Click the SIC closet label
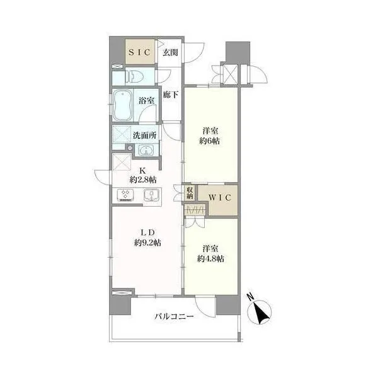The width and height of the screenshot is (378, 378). [x=140, y=52]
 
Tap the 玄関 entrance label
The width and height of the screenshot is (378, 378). [x=170, y=52]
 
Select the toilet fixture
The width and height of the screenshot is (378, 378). [x=134, y=77]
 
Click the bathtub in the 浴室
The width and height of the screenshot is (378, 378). [x=123, y=105]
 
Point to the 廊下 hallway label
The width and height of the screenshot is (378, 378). [x=171, y=94]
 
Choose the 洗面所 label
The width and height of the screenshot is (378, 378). [x=145, y=135]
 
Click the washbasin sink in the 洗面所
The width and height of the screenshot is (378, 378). [x=146, y=151]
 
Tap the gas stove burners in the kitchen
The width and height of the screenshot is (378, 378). [x=125, y=195]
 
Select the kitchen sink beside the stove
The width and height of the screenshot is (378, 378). [x=152, y=195]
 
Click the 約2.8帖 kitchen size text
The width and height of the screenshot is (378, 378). [x=143, y=180]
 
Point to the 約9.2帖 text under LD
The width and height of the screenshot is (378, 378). [x=147, y=243]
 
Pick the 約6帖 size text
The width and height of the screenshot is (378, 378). [x=210, y=140]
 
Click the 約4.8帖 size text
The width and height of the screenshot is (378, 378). [x=210, y=259]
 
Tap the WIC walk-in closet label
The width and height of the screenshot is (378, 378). [x=220, y=198]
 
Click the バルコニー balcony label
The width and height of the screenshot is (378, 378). [x=174, y=316]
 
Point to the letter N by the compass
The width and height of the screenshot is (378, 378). [x=251, y=297]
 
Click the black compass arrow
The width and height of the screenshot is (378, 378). [x=261, y=313]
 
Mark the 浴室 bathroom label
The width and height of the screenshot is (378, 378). [x=147, y=101]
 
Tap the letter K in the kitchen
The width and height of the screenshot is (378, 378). [x=143, y=171]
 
